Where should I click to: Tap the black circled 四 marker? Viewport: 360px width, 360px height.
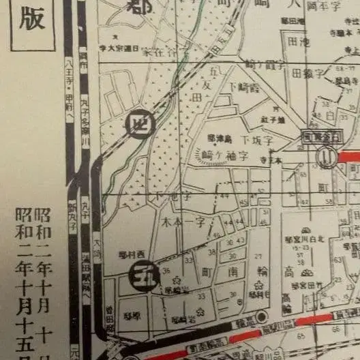tap(139, 125)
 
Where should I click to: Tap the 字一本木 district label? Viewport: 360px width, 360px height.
tap(185, 223)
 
